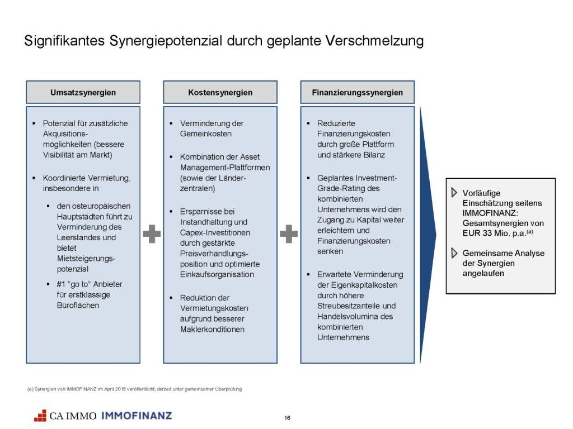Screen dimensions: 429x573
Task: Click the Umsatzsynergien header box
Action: pyautogui.click(x=83, y=92)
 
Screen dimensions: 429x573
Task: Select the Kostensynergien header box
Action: pyautogui.click(x=220, y=92)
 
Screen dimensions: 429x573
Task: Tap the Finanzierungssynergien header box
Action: pyautogui.click(x=357, y=92)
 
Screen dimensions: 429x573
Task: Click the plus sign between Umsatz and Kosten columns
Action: pyautogui.click(x=151, y=233)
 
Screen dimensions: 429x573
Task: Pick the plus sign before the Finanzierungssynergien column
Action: pyautogui.click(x=288, y=233)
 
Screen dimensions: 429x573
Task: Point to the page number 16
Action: pyautogui.click(x=287, y=418)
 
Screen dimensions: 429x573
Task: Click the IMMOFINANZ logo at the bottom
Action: pyautogui.click(x=137, y=416)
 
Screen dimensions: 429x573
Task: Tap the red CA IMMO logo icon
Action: pyautogui.click(x=40, y=416)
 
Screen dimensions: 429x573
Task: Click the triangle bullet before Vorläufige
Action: pyautogui.click(x=454, y=193)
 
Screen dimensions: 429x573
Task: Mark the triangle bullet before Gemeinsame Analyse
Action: pyautogui.click(x=454, y=254)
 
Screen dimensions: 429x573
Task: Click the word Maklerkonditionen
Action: pyautogui.click(x=212, y=329)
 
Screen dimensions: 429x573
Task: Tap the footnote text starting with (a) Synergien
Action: pyautogui.click(x=134, y=389)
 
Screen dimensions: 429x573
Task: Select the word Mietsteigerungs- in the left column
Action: pyautogui.click(x=86, y=259)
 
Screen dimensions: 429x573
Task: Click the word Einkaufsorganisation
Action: pyautogui.click(x=217, y=274)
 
